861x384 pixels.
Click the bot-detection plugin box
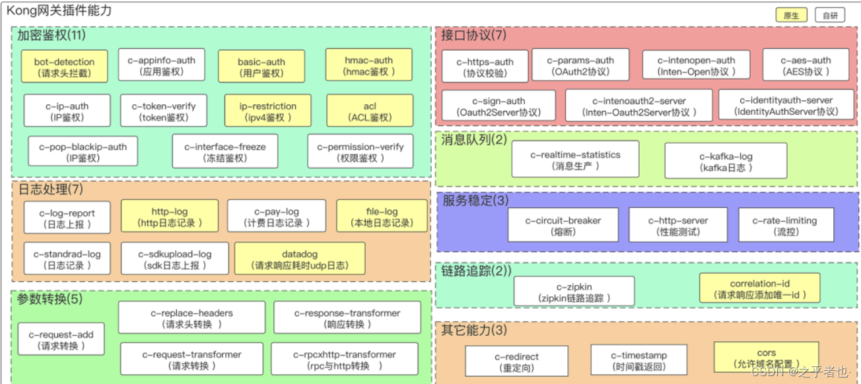coord(64,67)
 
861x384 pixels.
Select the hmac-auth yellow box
coord(368,65)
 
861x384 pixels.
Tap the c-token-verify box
coord(163,111)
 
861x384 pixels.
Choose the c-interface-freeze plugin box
coord(225,152)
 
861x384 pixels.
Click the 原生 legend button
coord(791,16)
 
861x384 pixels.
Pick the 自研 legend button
coord(830,16)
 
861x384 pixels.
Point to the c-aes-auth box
coord(806,65)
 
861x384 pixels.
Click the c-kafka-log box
coord(726,162)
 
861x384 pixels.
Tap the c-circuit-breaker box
coord(563,226)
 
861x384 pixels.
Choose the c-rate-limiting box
coord(786,226)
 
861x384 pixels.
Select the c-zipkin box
coord(574,292)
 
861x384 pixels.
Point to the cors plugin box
coord(766,358)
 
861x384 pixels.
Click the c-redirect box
coord(516,362)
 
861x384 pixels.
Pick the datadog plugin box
coord(300,259)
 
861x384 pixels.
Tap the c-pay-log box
coord(277,217)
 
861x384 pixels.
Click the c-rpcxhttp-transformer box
coord(344,360)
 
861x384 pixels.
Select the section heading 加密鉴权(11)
coord(52,35)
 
